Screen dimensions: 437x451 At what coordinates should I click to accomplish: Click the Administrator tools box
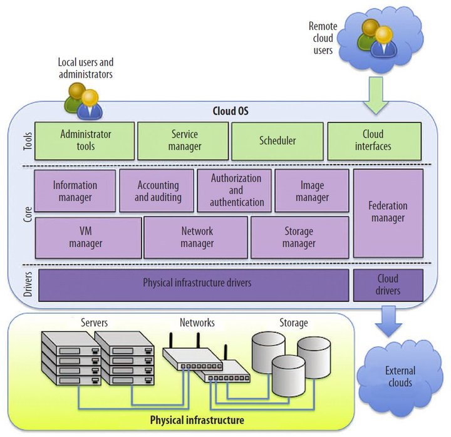coord(85,141)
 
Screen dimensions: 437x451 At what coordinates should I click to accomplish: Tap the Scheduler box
coord(277,141)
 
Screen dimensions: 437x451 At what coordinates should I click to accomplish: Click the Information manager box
coord(75,191)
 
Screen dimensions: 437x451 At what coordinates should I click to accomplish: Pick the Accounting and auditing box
coord(157,191)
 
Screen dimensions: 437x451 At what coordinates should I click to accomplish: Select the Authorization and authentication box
coord(235,190)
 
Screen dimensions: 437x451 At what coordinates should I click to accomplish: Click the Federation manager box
coord(388,212)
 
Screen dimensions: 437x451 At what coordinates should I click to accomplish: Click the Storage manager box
coord(299,237)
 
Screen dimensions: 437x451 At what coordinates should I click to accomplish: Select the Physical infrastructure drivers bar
coord(194,284)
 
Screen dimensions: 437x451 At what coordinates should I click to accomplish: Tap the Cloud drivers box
coord(388,284)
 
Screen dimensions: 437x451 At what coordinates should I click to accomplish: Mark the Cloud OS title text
coord(225,111)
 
